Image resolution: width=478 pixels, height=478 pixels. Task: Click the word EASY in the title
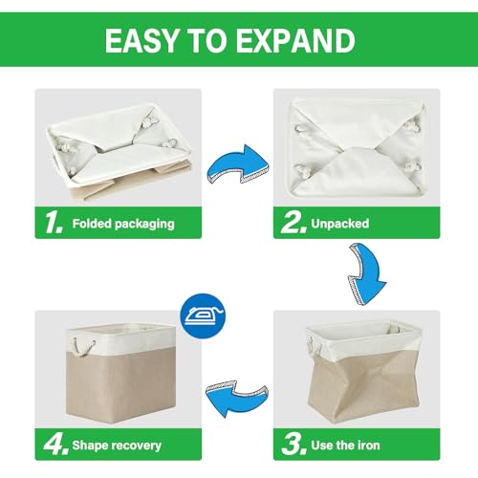point(141,40)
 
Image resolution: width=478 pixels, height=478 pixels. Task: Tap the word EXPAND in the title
point(295,40)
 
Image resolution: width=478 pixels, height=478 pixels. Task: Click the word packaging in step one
point(144,225)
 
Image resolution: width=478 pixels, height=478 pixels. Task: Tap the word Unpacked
point(340,224)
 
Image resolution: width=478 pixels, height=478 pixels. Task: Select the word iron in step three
point(369,445)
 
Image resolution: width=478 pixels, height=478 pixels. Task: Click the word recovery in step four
point(136,445)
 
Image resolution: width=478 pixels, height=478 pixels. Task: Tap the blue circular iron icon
point(203,316)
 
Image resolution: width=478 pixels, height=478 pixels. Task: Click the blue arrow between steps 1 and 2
point(238,164)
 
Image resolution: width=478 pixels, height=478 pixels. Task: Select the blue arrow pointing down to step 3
point(367,274)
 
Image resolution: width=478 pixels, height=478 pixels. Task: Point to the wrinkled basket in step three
point(363,371)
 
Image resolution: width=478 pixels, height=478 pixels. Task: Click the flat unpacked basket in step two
point(357,150)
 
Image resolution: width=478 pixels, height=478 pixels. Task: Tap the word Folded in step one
point(92,224)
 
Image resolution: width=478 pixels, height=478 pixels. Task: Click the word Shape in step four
point(90,445)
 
